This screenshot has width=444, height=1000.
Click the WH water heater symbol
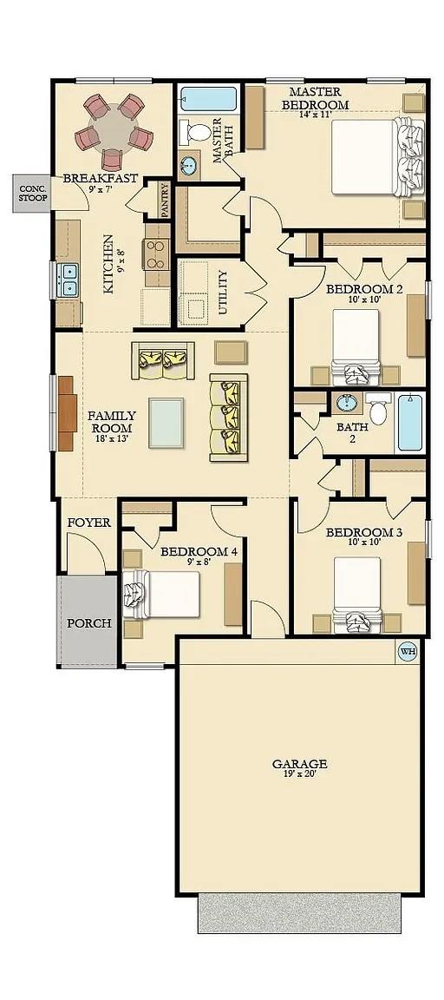click(408, 651)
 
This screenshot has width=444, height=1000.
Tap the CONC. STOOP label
click(33, 193)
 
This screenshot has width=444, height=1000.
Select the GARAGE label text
click(299, 765)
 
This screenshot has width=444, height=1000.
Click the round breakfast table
click(114, 129)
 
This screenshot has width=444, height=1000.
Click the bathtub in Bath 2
click(409, 423)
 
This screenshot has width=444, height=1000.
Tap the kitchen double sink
click(67, 279)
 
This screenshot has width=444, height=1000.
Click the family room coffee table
click(166, 423)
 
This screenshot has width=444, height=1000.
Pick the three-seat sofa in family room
click(229, 418)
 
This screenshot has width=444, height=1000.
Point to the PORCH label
click(89, 623)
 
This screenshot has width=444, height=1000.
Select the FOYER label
click(88, 523)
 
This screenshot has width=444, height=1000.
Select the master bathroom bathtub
click(208, 98)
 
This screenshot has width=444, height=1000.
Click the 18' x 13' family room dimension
click(111, 439)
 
